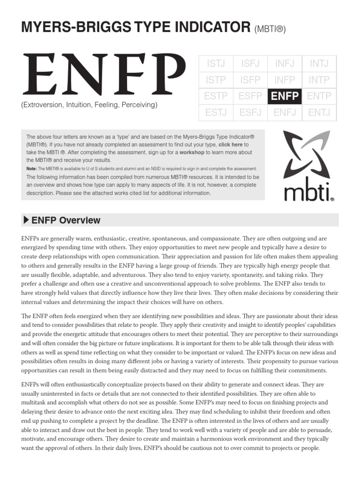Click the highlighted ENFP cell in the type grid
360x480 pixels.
(x=285, y=96)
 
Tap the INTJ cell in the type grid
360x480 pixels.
(x=319, y=63)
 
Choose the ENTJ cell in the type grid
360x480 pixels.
(x=319, y=112)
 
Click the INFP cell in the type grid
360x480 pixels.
(x=285, y=80)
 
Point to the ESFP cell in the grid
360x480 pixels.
(x=250, y=96)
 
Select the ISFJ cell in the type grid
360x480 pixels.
(x=250, y=63)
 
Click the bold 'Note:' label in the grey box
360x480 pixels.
(x=31, y=168)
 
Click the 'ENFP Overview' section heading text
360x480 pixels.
(x=66, y=220)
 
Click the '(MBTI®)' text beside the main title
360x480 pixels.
(x=270, y=30)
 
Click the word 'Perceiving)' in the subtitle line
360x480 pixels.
(x=139, y=105)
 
